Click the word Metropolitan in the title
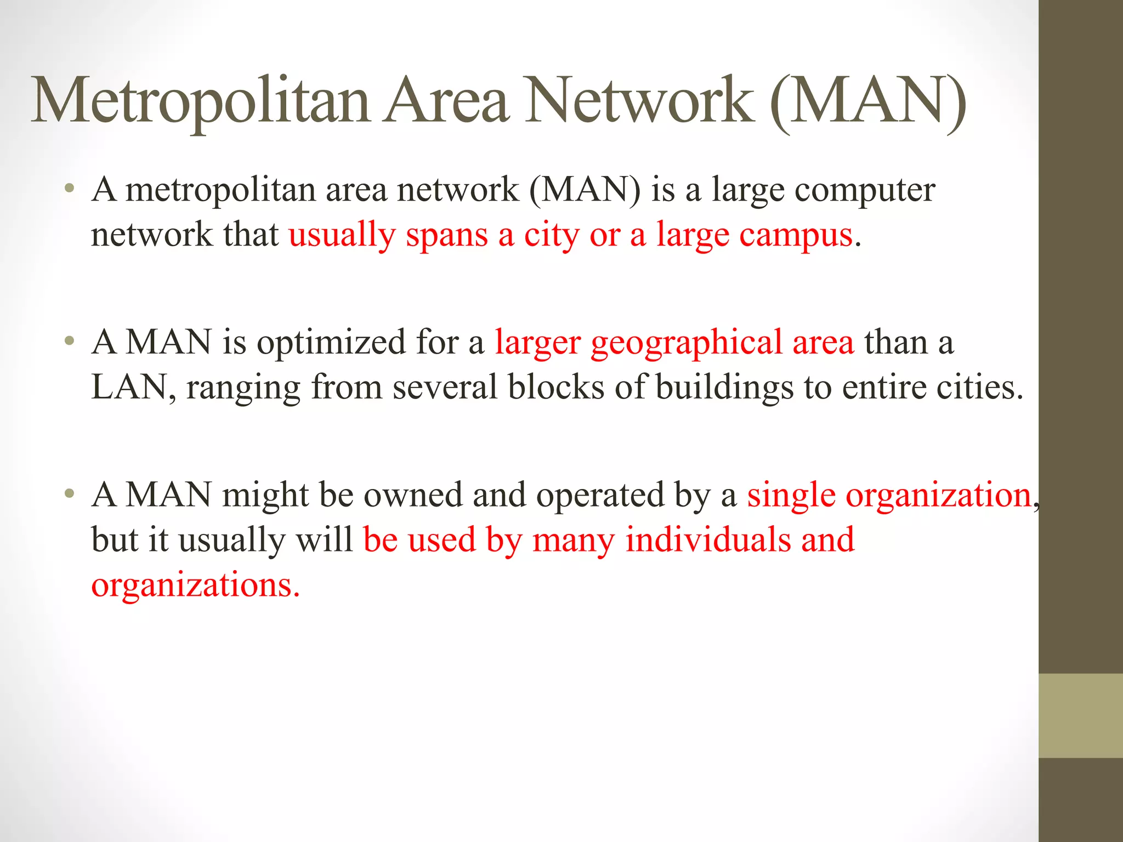201,101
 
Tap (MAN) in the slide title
867,101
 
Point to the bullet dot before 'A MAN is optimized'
69,342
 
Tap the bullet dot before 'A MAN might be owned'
69,494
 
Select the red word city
552,236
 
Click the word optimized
331,343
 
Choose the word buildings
724,388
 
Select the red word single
791,496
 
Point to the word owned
413,495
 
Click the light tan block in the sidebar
1081,716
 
